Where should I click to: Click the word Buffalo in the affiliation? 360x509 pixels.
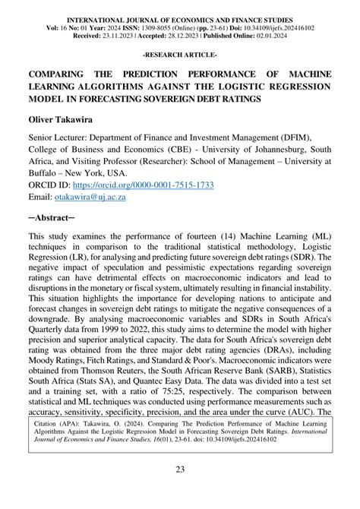coord(46,173)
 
